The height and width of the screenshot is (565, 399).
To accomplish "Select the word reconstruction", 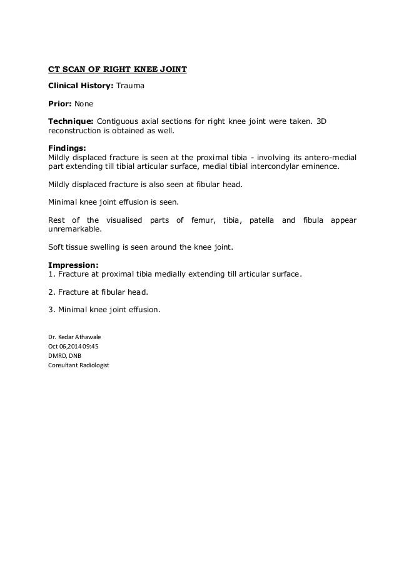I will coord(76,132).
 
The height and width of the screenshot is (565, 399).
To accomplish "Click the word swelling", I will coord(110,247).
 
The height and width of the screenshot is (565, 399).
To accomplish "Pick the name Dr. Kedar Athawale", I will coord(74,336).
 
